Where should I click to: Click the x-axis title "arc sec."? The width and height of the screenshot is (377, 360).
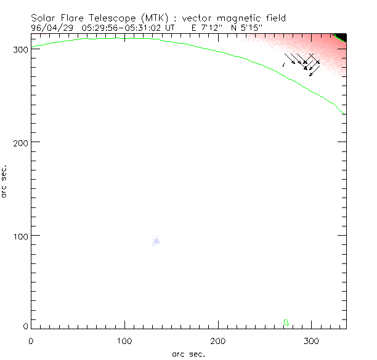click(188, 353)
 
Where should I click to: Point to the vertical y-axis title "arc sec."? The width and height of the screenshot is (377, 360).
click(5, 181)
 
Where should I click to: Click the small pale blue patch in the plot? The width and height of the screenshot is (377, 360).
click(156, 241)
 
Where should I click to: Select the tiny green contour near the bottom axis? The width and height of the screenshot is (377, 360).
click(286, 322)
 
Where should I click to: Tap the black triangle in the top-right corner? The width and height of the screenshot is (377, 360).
click(342, 38)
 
